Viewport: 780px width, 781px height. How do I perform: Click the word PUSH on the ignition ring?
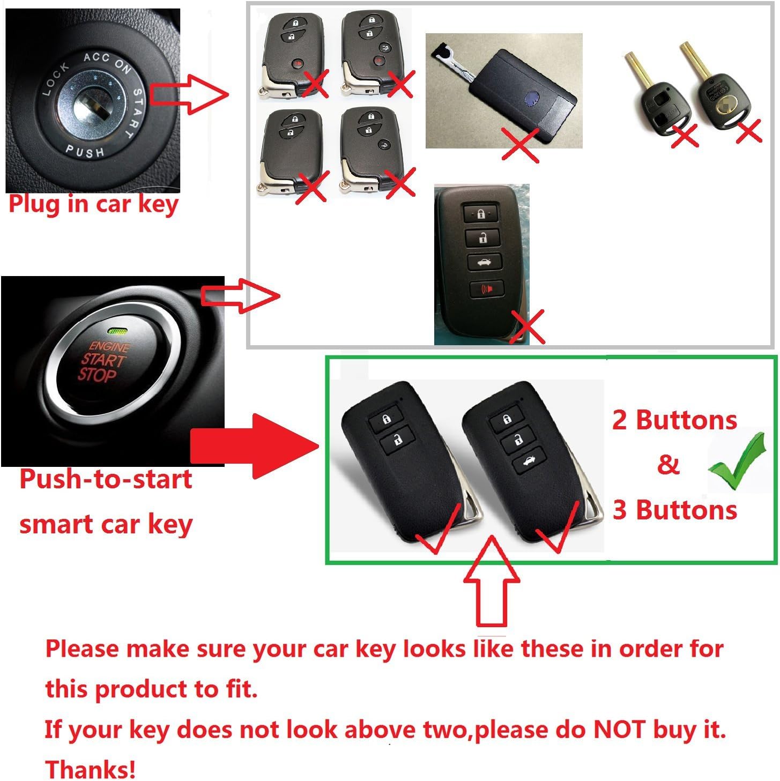click(x=85, y=151)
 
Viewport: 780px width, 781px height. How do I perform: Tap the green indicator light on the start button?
click(x=118, y=331)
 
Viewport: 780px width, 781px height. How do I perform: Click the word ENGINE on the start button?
click(x=109, y=346)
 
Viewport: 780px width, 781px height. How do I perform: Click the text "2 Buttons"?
click(x=674, y=420)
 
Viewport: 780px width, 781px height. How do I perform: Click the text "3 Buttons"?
click(x=674, y=509)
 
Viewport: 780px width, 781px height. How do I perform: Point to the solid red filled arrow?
click(x=255, y=446)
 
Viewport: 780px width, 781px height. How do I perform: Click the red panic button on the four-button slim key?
click(x=486, y=288)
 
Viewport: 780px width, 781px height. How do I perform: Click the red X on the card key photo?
click(x=521, y=145)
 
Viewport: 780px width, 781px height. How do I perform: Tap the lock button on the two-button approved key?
click(x=385, y=418)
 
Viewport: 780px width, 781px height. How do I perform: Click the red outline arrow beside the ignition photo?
click(x=189, y=94)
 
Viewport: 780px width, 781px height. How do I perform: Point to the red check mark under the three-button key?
click(x=558, y=527)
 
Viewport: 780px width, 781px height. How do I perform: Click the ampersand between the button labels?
click(x=668, y=464)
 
